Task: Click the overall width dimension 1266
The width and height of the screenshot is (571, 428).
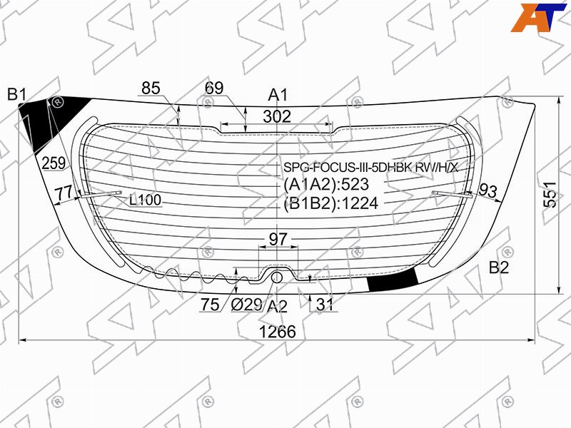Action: coord(277,332)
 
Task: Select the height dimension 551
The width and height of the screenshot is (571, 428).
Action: coord(550,194)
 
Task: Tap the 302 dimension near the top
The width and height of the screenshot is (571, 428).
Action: coord(277,116)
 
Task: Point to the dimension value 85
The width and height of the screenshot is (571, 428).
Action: coord(151,88)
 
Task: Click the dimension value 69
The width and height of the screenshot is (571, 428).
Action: coord(214,88)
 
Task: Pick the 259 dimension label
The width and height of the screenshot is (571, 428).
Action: coord(54,163)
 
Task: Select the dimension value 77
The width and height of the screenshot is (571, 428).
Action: coord(64,193)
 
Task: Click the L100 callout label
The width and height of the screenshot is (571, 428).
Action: coord(146,200)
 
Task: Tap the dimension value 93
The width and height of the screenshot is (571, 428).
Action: coord(488,190)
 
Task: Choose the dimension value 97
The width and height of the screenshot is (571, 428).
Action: coord(278,239)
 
